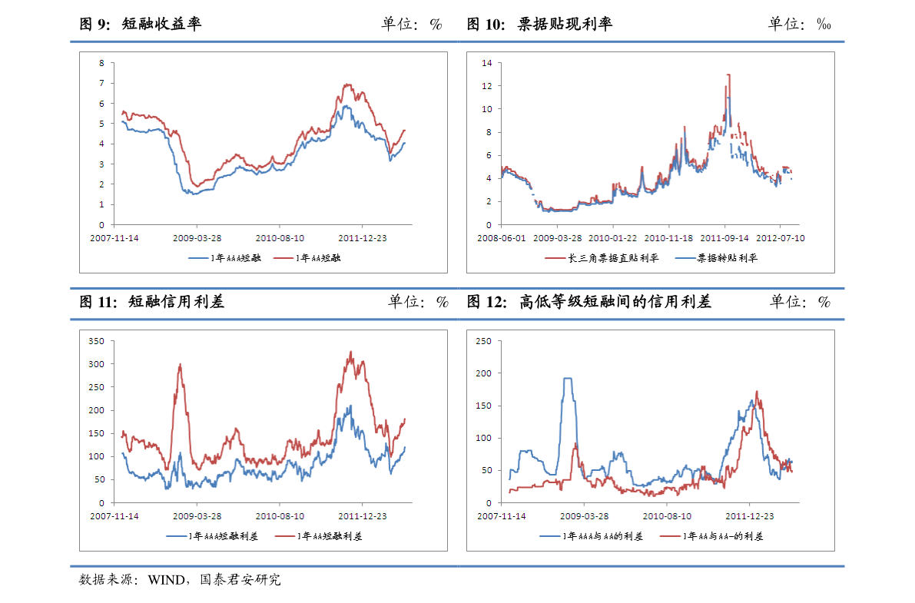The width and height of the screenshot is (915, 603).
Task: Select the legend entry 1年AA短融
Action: tap(317, 258)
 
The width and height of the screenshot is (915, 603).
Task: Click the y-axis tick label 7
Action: tap(101, 83)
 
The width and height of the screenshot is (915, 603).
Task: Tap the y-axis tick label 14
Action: tap(486, 63)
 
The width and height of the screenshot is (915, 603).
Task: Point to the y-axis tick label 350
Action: tap(97, 341)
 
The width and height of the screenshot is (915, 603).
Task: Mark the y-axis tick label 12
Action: tap(486, 86)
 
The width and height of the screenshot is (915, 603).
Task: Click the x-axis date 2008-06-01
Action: tap(502, 238)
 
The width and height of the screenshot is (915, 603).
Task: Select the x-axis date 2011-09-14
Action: tap(724, 238)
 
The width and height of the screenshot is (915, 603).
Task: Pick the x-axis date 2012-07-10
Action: tap(781, 238)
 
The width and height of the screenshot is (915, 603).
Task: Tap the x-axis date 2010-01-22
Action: tap(613, 238)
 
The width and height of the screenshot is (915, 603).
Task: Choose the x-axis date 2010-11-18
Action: tap(669, 238)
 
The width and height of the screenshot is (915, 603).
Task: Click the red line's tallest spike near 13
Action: tap(728, 75)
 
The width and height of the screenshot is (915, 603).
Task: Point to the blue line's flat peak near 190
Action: tap(568, 378)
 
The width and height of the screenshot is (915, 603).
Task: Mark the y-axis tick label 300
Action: tap(97, 364)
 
